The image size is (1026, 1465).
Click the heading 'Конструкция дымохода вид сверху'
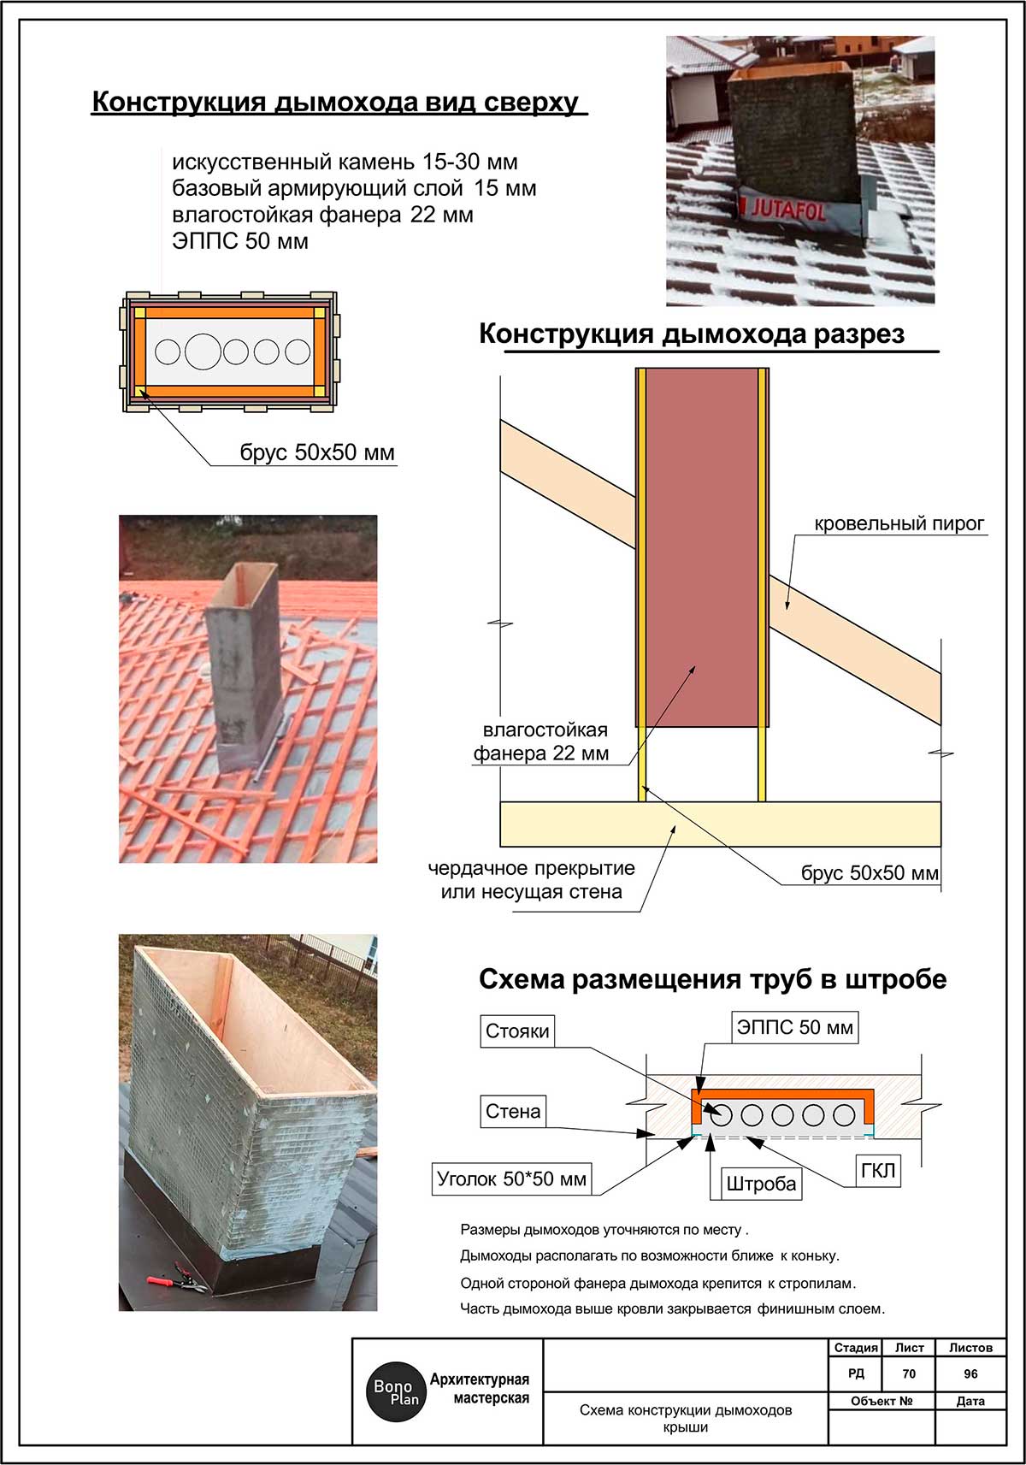[x=335, y=102]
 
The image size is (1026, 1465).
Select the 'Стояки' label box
[x=517, y=1031]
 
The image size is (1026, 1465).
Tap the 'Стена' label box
[x=513, y=1112]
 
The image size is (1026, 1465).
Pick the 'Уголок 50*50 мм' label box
[x=511, y=1179]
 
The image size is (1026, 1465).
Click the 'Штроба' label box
[x=760, y=1184]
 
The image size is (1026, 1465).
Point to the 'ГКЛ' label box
[x=877, y=1171]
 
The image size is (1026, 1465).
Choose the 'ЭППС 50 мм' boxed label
[x=794, y=1028]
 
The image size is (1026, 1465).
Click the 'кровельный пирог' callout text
[x=899, y=523]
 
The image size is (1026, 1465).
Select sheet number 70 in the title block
[x=909, y=1373]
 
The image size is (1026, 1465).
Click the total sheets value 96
[x=970, y=1373]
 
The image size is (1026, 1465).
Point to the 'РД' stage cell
[x=856, y=1373]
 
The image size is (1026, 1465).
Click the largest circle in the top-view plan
[x=203, y=351]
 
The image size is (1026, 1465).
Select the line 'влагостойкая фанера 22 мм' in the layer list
[x=322, y=215]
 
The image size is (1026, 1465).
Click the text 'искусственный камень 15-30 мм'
[x=345, y=162]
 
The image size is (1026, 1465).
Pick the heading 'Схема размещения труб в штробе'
[x=712, y=979]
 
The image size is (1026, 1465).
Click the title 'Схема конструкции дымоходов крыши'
[x=685, y=1418]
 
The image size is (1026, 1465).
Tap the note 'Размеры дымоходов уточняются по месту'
[x=604, y=1230]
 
